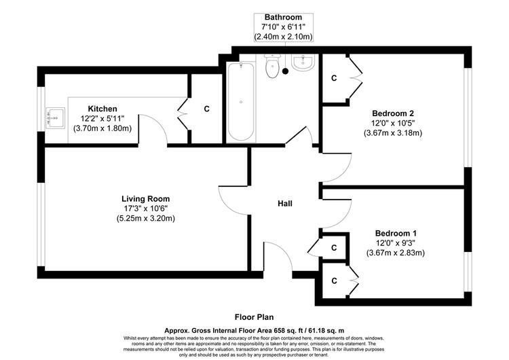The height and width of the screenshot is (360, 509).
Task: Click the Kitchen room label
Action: tap(102, 109)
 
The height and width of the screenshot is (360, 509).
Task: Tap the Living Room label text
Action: tap(145, 198)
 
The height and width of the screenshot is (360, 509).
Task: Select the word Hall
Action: tap(284, 203)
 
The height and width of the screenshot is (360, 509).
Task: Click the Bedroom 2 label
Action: tap(393, 113)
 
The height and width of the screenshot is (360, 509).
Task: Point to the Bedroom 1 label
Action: tap(396, 233)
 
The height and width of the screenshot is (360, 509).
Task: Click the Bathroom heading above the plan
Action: tap(283, 17)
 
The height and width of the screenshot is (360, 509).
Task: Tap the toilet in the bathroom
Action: tap(272, 66)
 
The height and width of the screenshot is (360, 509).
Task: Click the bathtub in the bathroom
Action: tap(241, 101)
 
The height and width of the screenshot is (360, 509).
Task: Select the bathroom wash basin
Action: tap(303, 62)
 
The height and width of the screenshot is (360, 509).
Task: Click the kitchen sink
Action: tap(55, 118)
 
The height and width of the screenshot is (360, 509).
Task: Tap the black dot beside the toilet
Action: tap(285, 71)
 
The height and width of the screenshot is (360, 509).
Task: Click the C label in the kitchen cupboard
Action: tap(207, 109)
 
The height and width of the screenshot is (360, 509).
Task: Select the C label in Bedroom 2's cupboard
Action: tap(334, 78)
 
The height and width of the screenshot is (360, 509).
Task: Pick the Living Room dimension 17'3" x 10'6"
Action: tap(145, 209)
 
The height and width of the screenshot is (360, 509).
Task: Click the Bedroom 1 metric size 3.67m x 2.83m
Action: tap(396, 253)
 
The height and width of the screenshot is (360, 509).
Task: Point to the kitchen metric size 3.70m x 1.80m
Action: tap(102, 128)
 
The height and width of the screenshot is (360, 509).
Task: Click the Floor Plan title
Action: tap(254, 317)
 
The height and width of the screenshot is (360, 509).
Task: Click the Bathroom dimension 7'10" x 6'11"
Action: tap(284, 27)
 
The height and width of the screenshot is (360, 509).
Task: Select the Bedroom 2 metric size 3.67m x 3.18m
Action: tap(393, 133)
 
